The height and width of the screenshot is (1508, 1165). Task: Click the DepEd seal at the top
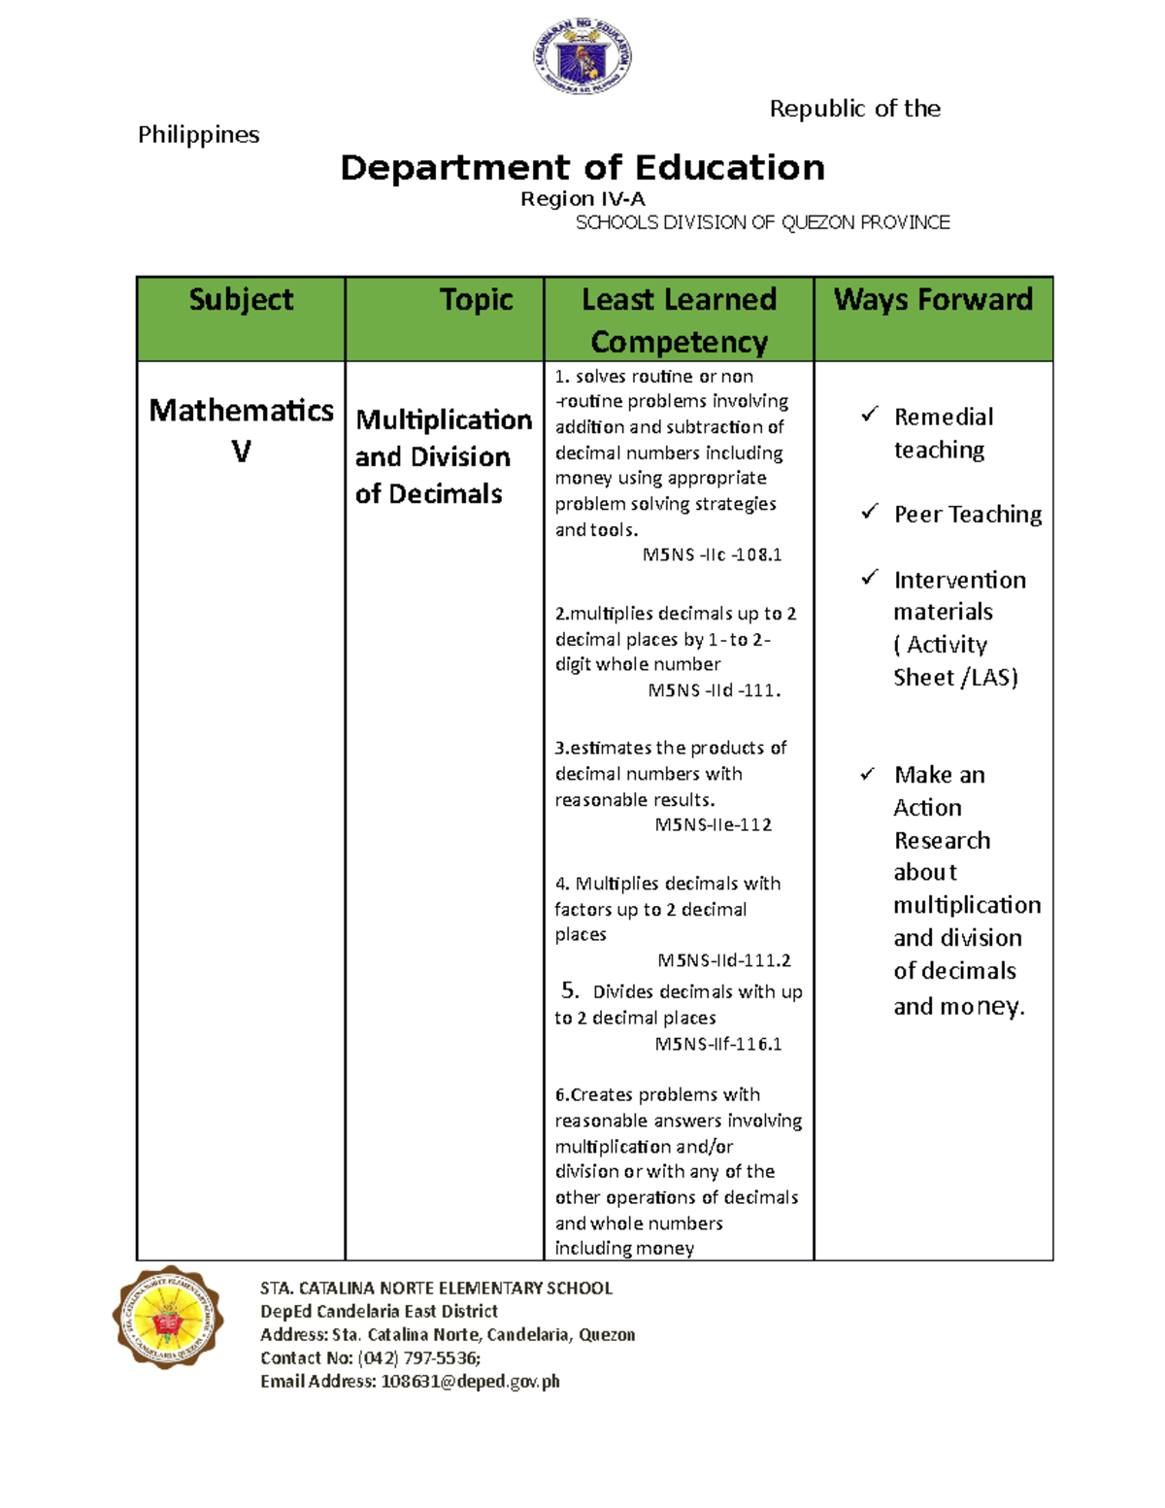click(x=582, y=57)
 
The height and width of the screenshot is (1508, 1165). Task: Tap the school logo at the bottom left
click(x=168, y=1318)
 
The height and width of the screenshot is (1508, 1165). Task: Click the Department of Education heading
click(x=582, y=168)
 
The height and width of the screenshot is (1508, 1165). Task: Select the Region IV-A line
click(x=582, y=199)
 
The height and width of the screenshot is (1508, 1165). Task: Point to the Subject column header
click(x=241, y=300)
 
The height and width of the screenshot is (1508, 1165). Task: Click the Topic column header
click(x=476, y=300)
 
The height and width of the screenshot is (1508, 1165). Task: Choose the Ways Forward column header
click(x=933, y=300)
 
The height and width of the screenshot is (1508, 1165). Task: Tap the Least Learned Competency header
click(x=679, y=319)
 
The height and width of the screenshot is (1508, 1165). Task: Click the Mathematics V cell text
click(x=241, y=430)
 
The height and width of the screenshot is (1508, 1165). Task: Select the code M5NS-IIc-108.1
click(x=712, y=555)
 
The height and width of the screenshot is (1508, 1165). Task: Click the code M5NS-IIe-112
click(x=714, y=825)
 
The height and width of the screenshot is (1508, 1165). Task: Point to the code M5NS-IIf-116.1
click(x=718, y=1045)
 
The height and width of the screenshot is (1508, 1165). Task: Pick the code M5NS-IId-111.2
click(x=724, y=960)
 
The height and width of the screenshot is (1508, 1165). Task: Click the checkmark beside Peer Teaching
click(x=869, y=512)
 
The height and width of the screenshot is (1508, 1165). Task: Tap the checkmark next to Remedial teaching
click(x=869, y=415)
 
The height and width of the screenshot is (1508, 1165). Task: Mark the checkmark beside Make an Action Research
click(x=868, y=774)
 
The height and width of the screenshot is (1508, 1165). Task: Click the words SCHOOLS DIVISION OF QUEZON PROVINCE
click(x=762, y=223)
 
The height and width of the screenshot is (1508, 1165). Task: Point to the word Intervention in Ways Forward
click(x=959, y=581)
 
